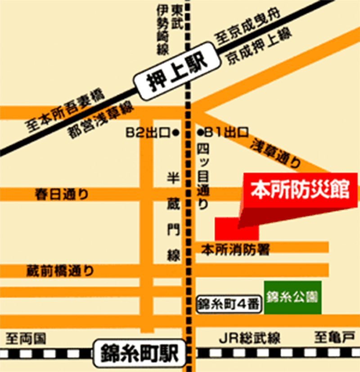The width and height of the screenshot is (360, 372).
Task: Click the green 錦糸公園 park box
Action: [292, 297]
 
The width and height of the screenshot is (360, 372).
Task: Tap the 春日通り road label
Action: [62, 195]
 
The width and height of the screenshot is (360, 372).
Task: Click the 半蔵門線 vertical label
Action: [173, 217]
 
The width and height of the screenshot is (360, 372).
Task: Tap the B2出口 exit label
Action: [151, 132]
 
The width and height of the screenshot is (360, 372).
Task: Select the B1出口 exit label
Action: [224, 132]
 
